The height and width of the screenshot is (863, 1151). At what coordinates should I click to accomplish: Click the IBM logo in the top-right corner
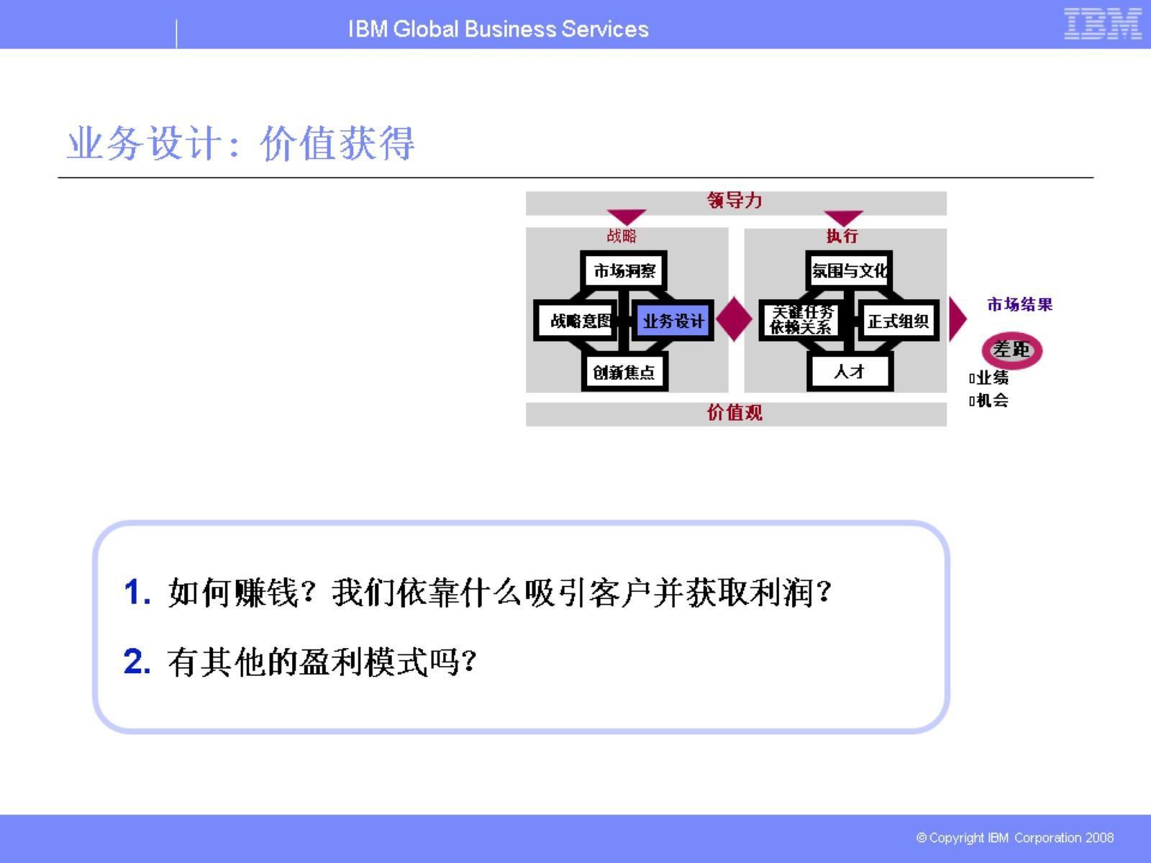tap(1102, 24)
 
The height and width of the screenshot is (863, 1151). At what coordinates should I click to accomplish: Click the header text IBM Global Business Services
tap(498, 29)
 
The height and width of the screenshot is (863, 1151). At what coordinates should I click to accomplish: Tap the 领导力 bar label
tap(734, 201)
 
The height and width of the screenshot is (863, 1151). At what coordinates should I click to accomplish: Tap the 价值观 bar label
tap(734, 413)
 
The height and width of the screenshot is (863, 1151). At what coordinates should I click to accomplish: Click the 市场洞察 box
tap(624, 270)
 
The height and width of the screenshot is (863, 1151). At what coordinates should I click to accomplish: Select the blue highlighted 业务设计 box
tap(673, 321)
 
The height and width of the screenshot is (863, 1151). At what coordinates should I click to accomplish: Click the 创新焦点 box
tap(624, 372)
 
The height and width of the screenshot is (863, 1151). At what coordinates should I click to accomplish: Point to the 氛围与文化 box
tap(850, 270)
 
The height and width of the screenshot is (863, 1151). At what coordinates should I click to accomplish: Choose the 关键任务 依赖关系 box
tap(801, 320)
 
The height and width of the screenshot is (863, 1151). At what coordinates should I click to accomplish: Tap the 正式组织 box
tap(898, 321)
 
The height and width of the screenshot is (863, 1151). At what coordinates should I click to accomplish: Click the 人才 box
tap(850, 372)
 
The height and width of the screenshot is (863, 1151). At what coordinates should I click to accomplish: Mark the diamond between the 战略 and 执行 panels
tap(734, 319)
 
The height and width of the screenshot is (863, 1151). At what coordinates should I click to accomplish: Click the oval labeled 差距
tap(1011, 350)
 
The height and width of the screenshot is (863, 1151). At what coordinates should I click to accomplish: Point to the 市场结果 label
tap(1019, 304)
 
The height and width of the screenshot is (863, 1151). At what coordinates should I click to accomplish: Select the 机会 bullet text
tap(992, 401)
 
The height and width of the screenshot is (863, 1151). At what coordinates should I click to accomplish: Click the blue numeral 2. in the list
tap(137, 662)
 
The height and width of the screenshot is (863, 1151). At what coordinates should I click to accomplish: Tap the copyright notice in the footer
tap(1014, 838)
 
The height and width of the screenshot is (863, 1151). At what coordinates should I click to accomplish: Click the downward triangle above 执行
tap(843, 217)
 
